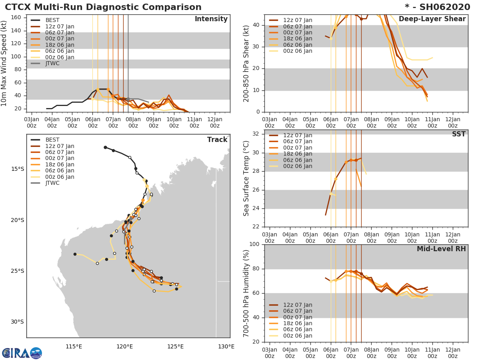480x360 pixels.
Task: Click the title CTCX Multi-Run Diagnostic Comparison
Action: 103,7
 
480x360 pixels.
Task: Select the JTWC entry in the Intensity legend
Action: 52,63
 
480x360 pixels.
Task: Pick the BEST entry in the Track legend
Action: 52,140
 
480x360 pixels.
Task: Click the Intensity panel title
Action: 211,19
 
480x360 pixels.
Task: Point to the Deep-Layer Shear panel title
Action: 432,19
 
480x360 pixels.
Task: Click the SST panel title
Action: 458,134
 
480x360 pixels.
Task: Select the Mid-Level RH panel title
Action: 441,249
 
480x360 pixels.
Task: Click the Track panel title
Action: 217,140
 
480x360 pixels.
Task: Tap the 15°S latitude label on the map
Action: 17,169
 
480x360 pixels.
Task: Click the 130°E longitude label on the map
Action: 226,346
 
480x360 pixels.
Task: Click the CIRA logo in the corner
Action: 22,353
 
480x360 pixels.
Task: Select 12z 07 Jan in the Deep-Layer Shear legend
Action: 298,20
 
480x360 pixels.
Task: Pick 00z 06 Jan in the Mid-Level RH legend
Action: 298,336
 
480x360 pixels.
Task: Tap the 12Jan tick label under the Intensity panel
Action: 214,122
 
